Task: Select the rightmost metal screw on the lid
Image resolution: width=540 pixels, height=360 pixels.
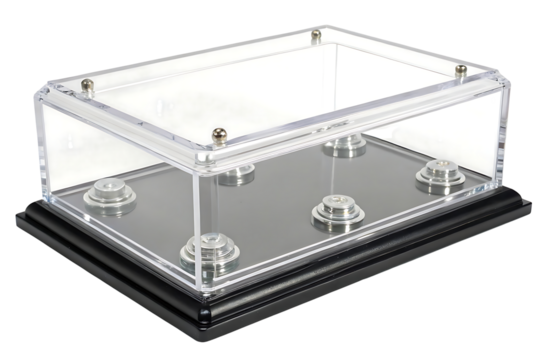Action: coord(462,69)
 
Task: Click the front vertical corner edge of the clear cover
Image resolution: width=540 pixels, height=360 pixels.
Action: coord(206,220)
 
